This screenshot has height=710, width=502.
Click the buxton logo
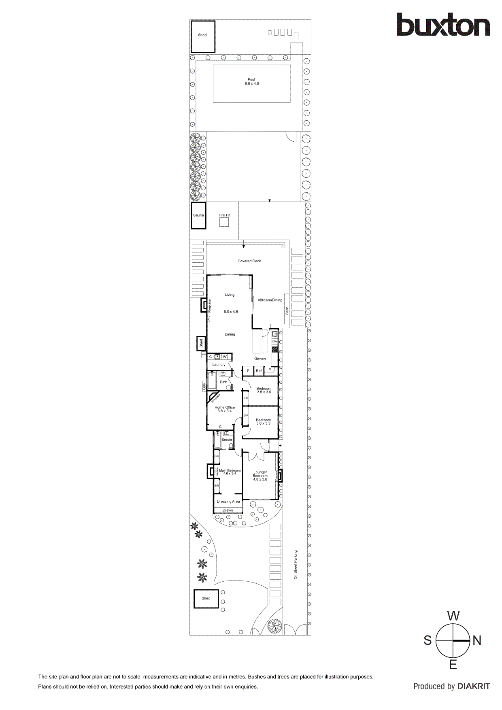pyautogui.click(x=443, y=25)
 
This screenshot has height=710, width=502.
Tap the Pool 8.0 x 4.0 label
pyautogui.click(x=251, y=82)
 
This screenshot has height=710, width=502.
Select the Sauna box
pyautogui.click(x=198, y=215)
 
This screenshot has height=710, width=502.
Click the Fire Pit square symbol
pyautogui.click(x=224, y=222)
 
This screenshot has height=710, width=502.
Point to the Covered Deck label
pyautogui.click(x=249, y=261)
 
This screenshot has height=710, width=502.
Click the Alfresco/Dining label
pyautogui.click(x=270, y=300)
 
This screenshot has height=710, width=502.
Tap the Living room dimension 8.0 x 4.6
pyautogui.click(x=231, y=312)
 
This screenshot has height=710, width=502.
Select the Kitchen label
pyautogui.click(x=260, y=359)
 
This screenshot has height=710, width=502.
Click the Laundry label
pyautogui.click(x=219, y=364)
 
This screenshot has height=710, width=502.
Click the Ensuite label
pyautogui.click(x=227, y=440)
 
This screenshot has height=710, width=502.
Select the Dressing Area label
pyautogui.click(x=228, y=502)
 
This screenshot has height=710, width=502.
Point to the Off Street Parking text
pyautogui.click(x=296, y=564)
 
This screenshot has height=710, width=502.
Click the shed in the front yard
pyautogui.click(x=206, y=598)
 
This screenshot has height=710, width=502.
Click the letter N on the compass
pyautogui.click(x=477, y=640)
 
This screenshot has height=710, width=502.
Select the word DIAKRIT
pyautogui.click(x=473, y=686)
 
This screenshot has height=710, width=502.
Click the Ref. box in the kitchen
pyautogui.click(x=259, y=370)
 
